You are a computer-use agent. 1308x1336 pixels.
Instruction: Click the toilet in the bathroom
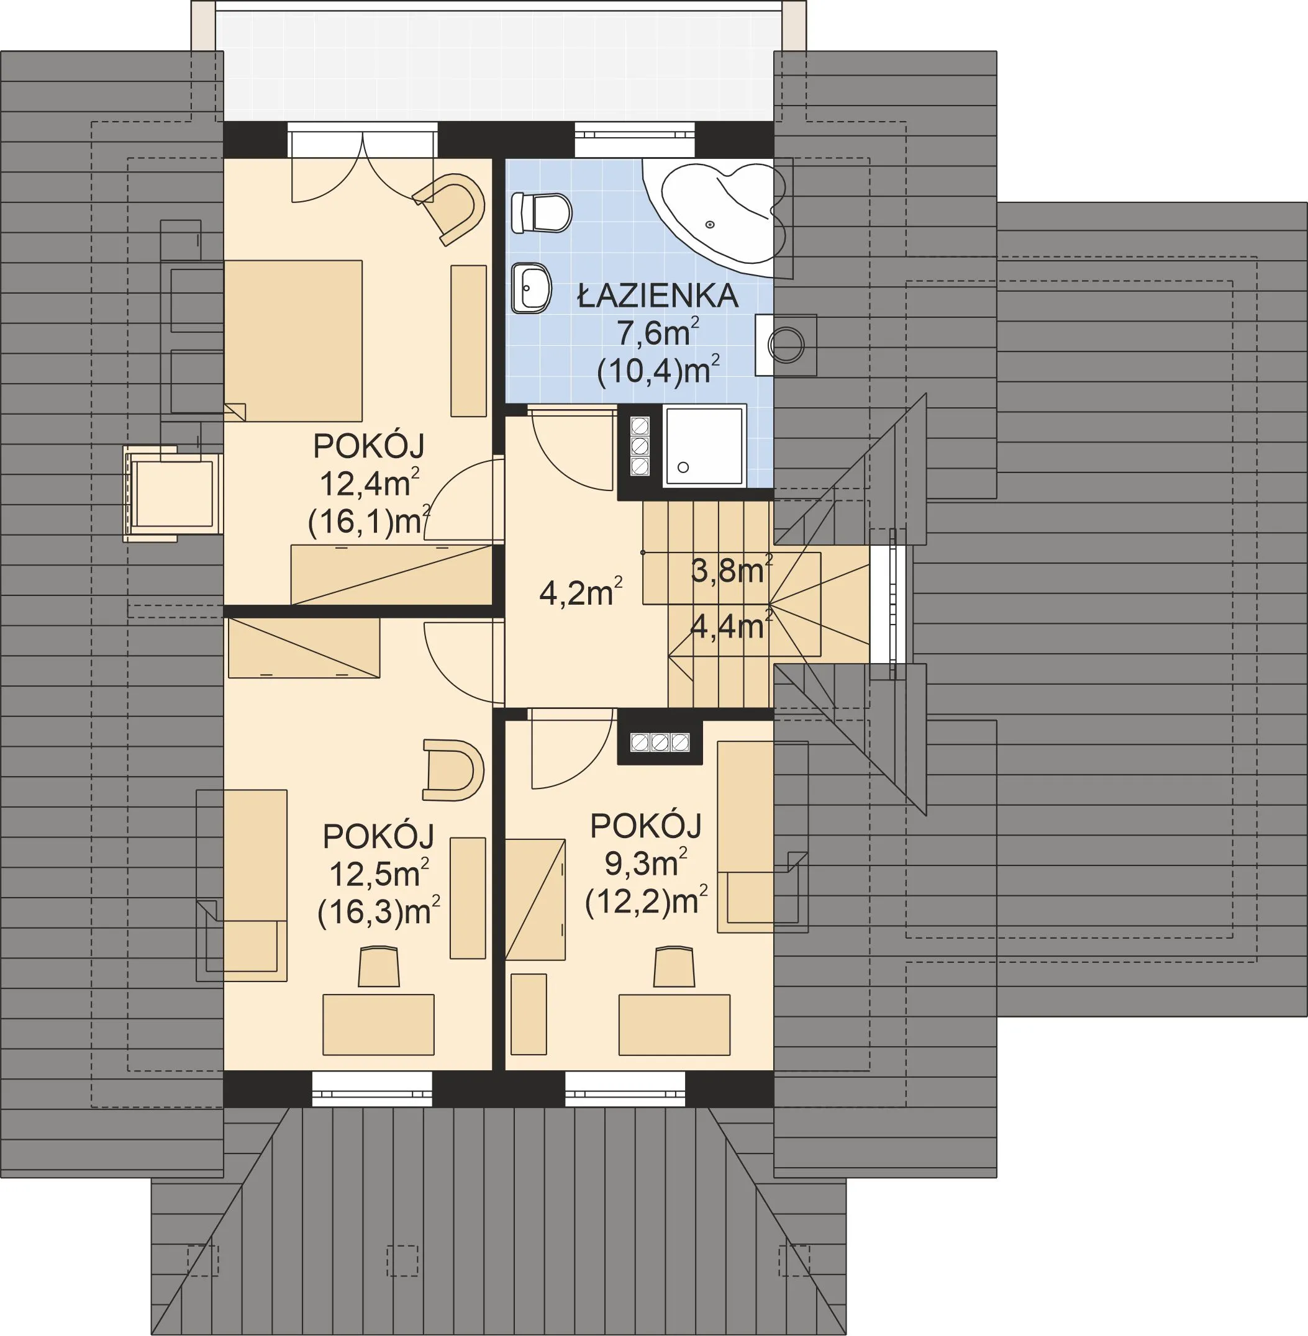coord(542,214)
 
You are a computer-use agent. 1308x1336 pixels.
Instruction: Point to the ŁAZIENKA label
coord(658,296)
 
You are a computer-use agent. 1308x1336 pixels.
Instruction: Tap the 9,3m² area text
coord(646,863)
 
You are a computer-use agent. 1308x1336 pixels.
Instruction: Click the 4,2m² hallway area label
coord(581,592)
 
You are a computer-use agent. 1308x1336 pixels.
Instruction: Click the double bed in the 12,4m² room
coord(293,341)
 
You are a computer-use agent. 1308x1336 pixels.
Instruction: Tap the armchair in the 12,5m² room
coord(453,770)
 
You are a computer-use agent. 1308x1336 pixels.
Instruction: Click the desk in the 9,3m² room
coord(674,1024)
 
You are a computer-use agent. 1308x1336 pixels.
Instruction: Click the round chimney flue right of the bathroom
coord(785,345)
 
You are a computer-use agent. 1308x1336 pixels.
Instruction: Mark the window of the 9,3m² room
coord(625,1089)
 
